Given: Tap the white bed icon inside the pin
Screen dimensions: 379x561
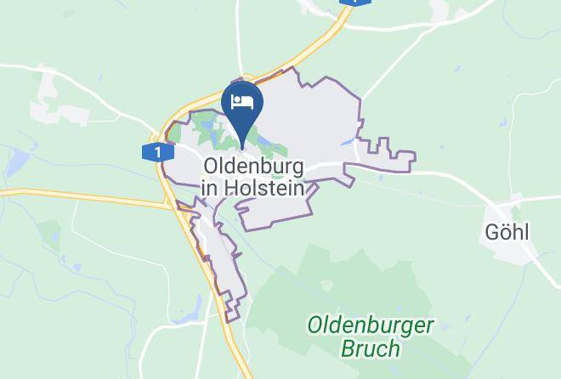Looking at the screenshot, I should tap(242, 102).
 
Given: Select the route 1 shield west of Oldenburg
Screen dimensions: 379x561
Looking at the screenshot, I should tap(153, 153).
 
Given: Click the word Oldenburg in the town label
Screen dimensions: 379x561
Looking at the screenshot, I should tap(253, 164).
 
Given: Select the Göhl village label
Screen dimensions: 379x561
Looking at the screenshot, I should tap(506, 231).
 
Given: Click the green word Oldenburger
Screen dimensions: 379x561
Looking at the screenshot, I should tap(371, 325).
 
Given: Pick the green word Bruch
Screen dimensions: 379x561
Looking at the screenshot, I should tap(370, 348).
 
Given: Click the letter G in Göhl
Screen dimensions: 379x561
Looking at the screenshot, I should tap(490, 231).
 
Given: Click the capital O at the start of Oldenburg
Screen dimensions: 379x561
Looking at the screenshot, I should tap(212, 164).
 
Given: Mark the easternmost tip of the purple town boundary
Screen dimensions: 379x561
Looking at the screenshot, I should tap(415, 157).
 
